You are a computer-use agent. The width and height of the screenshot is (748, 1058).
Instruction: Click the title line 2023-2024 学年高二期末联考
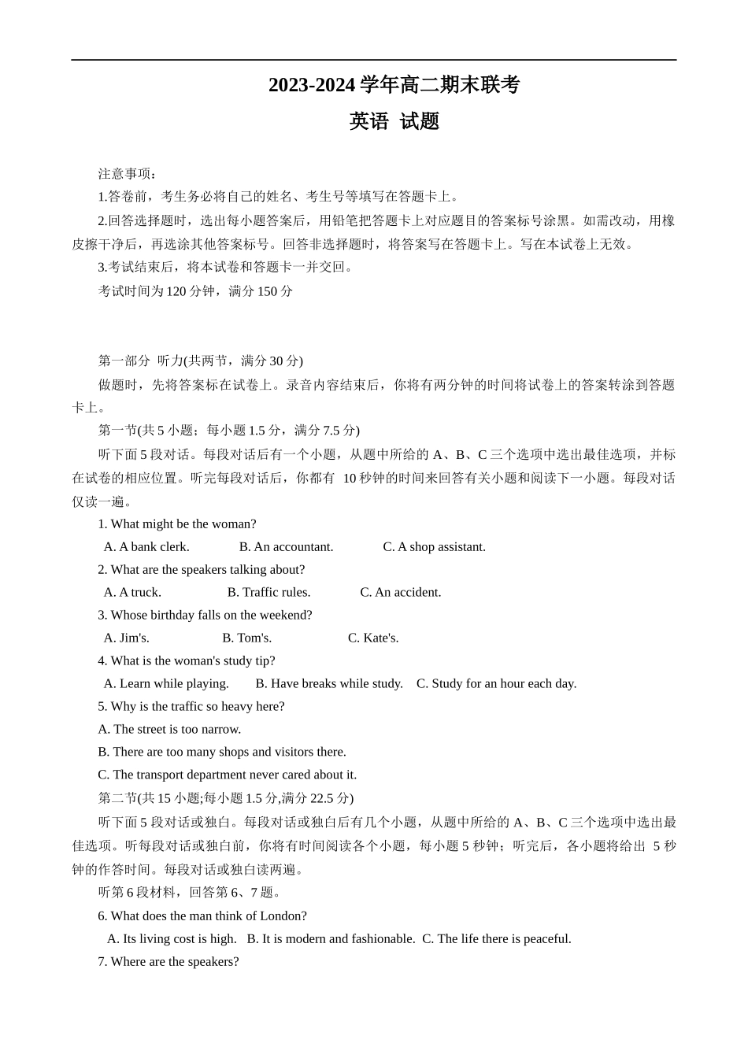point(394,85)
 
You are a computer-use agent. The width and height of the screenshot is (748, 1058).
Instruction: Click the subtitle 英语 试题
point(394,121)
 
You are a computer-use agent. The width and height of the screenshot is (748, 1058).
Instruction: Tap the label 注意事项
point(127,173)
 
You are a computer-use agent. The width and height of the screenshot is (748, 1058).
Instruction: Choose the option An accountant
point(287,546)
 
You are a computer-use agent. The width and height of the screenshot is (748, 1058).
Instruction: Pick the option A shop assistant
point(434,546)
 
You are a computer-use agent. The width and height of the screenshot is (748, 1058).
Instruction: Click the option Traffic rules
point(268,592)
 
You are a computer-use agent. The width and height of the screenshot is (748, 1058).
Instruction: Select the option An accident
point(401,592)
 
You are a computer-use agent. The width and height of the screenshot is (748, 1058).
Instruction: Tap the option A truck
point(132,592)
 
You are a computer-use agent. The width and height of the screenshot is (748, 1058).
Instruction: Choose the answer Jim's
point(127,638)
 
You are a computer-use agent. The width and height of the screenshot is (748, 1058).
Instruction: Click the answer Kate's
point(373,638)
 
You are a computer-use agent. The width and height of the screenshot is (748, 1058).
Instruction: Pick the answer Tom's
point(246,638)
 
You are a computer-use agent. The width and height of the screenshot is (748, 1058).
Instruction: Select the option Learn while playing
point(166,683)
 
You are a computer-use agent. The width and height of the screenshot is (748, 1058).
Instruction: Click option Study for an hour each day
point(496,683)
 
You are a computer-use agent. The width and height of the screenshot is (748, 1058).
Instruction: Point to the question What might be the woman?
point(177,523)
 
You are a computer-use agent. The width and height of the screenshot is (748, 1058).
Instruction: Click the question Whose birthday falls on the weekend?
point(205,615)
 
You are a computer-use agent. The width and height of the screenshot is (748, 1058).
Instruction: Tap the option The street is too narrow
point(169,729)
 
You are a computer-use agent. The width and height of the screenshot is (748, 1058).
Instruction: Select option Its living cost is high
point(172,938)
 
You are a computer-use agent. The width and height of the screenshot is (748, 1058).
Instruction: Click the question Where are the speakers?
point(168,961)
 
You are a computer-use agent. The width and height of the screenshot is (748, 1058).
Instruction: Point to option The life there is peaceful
point(497,938)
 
